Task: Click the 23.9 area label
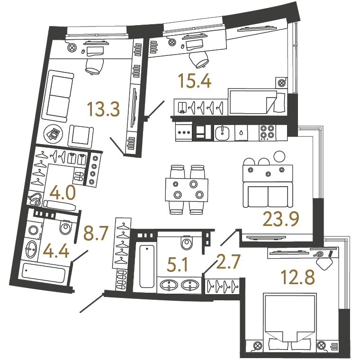pyautogui.click(x=281, y=219)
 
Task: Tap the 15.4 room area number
pyautogui.click(x=195, y=81)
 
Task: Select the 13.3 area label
pyautogui.click(x=103, y=109)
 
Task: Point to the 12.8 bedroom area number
pyautogui.click(x=297, y=277)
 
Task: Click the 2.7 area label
pyautogui.click(x=228, y=261)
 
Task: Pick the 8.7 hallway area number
pyautogui.click(x=96, y=233)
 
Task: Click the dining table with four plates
pyautogui.click(x=187, y=190)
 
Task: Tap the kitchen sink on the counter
pyautogui.click(x=222, y=133)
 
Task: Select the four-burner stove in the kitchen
pyautogui.click(x=268, y=133)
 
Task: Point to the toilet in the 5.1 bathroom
pyautogui.click(x=187, y=242)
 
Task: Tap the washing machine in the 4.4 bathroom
pyautogui.click(x=34, y=230)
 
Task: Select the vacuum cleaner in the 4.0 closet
pyautogui.click(x=35, y=198)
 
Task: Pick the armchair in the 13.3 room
pyautogui.click(x=81, y=136)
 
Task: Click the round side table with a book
pyautogui.click(x=53, y=134)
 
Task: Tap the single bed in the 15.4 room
pyautogui.click(x=257, y=101)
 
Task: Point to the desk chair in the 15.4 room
pyautogui.click(x=199, y=60)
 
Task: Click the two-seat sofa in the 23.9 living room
pyautogui.click(x=268, y=195)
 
